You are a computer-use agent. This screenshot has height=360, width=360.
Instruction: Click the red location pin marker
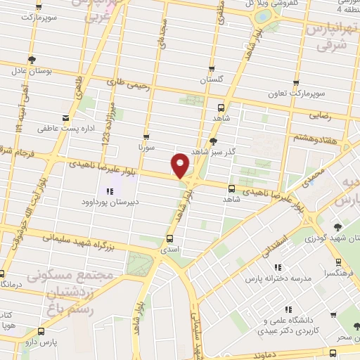(x=181, y=165)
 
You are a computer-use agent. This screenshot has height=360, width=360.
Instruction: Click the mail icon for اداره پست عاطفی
(x=65, y=117)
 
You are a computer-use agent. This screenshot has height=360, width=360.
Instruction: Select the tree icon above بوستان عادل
(x=30, y=60)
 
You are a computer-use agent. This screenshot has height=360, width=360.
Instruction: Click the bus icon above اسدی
(x=169, y=237)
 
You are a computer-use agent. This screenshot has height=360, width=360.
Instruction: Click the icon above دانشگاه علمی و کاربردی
(x=288, y=309)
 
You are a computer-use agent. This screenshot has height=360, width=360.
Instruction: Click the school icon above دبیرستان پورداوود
(x=109, y=191)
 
